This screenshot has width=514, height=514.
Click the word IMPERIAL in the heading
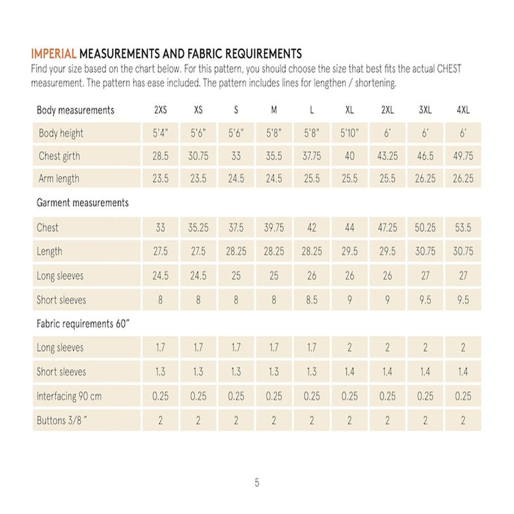(x=54, y=53)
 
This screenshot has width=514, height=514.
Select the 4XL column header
(x=463, y=110)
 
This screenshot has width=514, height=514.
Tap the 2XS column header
(x=161, y=110)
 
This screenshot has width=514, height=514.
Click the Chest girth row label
(x=59, y=156)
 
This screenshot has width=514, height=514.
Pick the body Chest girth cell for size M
(x=274, y=156)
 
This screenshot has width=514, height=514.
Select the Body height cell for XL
(x=350, y=133)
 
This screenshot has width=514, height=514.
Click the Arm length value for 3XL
(x=425, y=179)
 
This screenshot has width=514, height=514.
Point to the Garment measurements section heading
(x=82, y=202)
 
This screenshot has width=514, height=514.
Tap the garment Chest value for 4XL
(x=463, y=227)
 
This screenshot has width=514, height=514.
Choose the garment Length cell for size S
(x=236, y=252)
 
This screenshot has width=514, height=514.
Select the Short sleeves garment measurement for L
(x=312, y=299)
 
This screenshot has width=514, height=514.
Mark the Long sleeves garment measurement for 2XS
(x=161, y=276)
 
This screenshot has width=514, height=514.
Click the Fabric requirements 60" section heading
(x=84, y=324)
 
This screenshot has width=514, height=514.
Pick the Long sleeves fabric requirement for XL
(x=350, y=348)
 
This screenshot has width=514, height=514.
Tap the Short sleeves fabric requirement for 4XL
(x=463, y=372)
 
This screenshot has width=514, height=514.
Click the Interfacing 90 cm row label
(x=69, y=396)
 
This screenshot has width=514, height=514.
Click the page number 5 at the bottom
(x=257, y=483)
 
